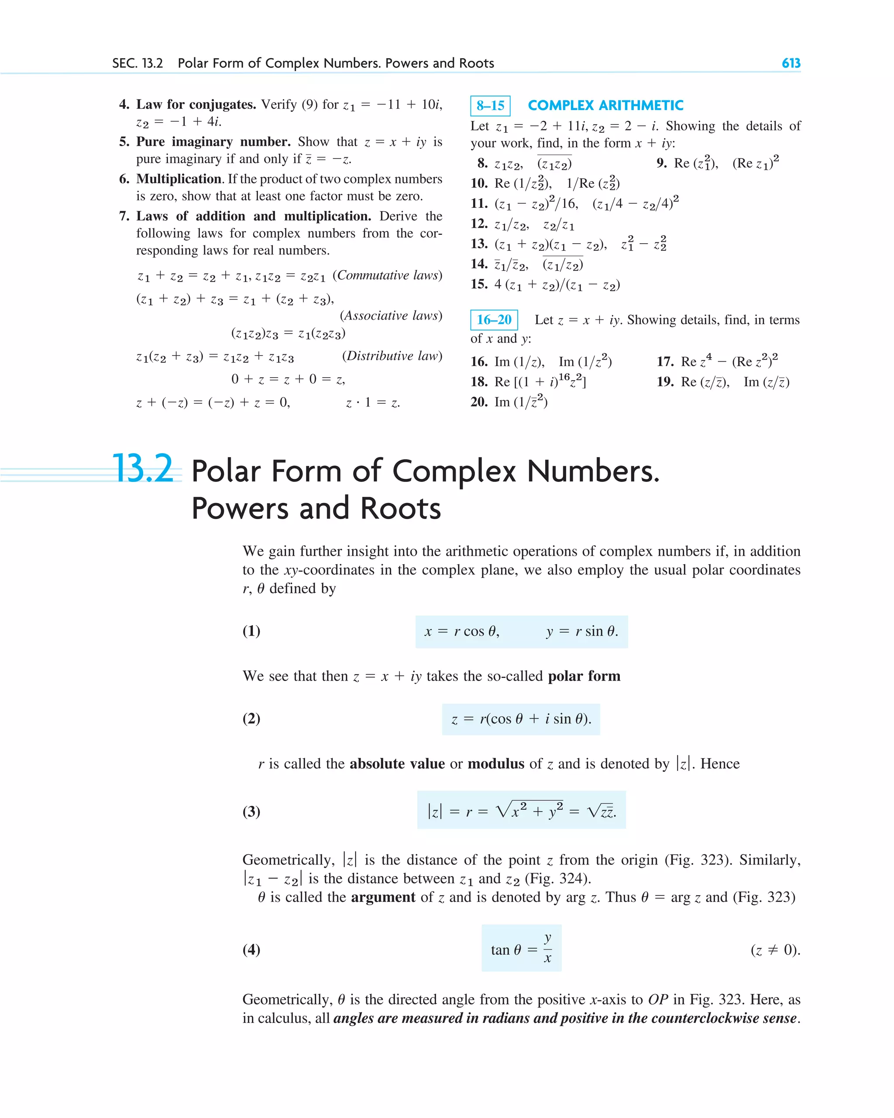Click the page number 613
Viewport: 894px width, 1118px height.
pos(791,63)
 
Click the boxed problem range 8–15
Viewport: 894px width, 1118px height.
pos(490,106)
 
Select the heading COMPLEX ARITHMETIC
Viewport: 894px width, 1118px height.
pos(605,105)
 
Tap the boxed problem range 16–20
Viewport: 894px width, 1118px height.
pos(494,320)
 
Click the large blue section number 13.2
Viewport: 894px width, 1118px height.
pos(143,469)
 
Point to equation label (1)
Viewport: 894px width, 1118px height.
pos(251,631)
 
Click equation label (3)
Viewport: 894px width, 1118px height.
pos(251,811)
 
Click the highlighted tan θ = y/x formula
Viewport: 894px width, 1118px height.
pos(521,949)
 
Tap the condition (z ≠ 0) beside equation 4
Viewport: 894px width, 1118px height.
pos(775,950)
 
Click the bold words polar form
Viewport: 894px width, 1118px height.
pos(584,676)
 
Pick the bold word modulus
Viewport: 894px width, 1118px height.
pos(496,764)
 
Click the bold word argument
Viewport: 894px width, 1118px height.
pos(383,897)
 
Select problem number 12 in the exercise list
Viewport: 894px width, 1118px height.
pos(478,224)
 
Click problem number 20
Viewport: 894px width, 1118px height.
pos(478,402)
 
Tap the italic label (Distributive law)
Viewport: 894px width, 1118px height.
pos(392,356)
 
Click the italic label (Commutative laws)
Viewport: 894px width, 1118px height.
pos(387,275)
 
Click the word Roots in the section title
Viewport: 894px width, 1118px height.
pos(400,508)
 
